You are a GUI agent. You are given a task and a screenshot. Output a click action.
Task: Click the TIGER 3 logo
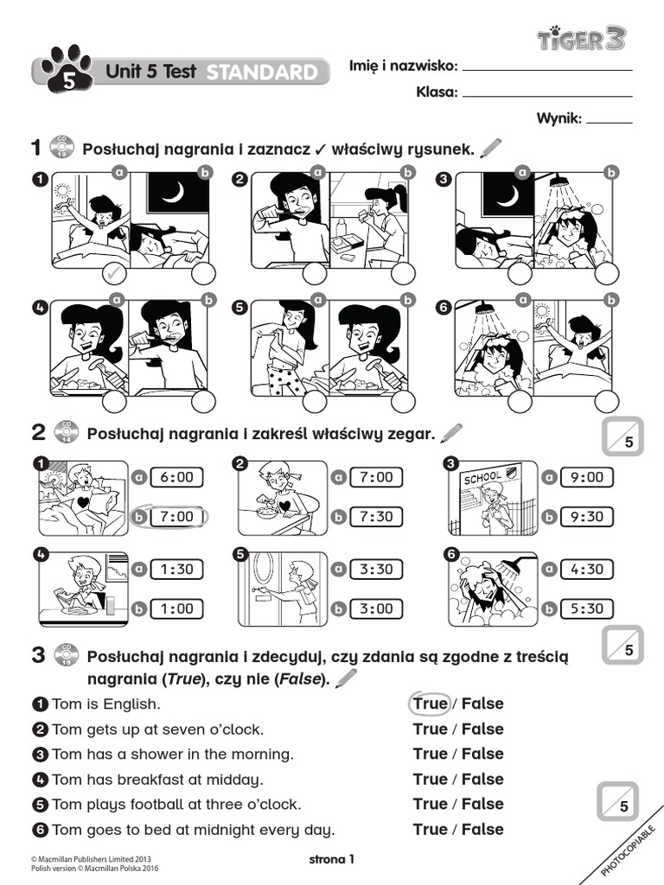click(x=581, y=38)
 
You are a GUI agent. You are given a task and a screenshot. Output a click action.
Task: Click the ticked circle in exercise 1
click(x=114, y=275)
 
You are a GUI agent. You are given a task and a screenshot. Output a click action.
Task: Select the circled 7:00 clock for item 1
click(x=177, y=516)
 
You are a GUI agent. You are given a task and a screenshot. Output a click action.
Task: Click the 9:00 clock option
click(x=586, y=476)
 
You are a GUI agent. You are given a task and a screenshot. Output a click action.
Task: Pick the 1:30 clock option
click(x=177, y=569)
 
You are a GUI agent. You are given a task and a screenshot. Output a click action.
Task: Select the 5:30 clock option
click(x=586, y=608)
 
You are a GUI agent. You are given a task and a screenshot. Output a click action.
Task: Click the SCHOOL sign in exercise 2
click(x=482, y=479)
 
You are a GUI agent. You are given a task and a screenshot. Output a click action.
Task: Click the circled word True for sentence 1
click(x=430, y=704)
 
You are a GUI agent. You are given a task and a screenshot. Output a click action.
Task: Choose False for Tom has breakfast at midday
click(x=482, y=779)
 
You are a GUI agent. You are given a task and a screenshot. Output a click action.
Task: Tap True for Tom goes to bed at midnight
click(x=430, y=829)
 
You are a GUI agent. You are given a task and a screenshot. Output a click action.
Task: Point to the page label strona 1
click(x=332, y=858)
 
